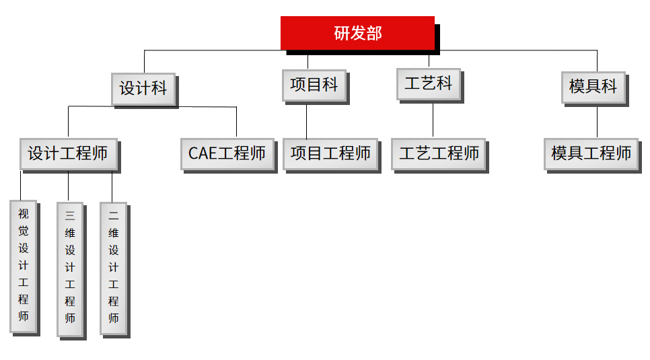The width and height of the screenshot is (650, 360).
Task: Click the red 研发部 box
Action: point(357,33)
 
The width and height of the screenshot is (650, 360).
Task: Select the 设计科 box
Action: point(143,89)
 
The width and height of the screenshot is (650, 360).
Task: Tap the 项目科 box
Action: point(314,85)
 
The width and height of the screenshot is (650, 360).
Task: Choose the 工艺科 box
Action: point(428,83)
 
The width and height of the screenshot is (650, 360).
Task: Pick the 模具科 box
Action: point(593,87)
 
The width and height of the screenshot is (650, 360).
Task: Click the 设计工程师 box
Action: point(68,154)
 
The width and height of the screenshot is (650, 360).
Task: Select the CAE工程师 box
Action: point(227,154)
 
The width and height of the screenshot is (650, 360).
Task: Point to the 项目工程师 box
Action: point(330,154)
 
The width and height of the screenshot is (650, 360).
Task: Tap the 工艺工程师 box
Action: point(439,154)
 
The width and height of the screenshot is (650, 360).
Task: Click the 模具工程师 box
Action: point(591,154)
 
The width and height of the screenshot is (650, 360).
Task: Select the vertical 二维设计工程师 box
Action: point(113,268)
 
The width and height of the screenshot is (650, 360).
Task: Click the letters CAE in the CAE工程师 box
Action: point(202,154)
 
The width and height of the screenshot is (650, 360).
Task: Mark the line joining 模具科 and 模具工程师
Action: point(597,122)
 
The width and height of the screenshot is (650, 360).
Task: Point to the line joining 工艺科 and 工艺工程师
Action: point(433,120)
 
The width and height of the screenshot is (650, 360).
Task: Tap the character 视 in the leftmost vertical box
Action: point(24,214)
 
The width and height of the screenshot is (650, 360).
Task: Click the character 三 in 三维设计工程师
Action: point(70,216)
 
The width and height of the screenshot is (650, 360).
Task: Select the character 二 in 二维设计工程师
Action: point(113,216)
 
